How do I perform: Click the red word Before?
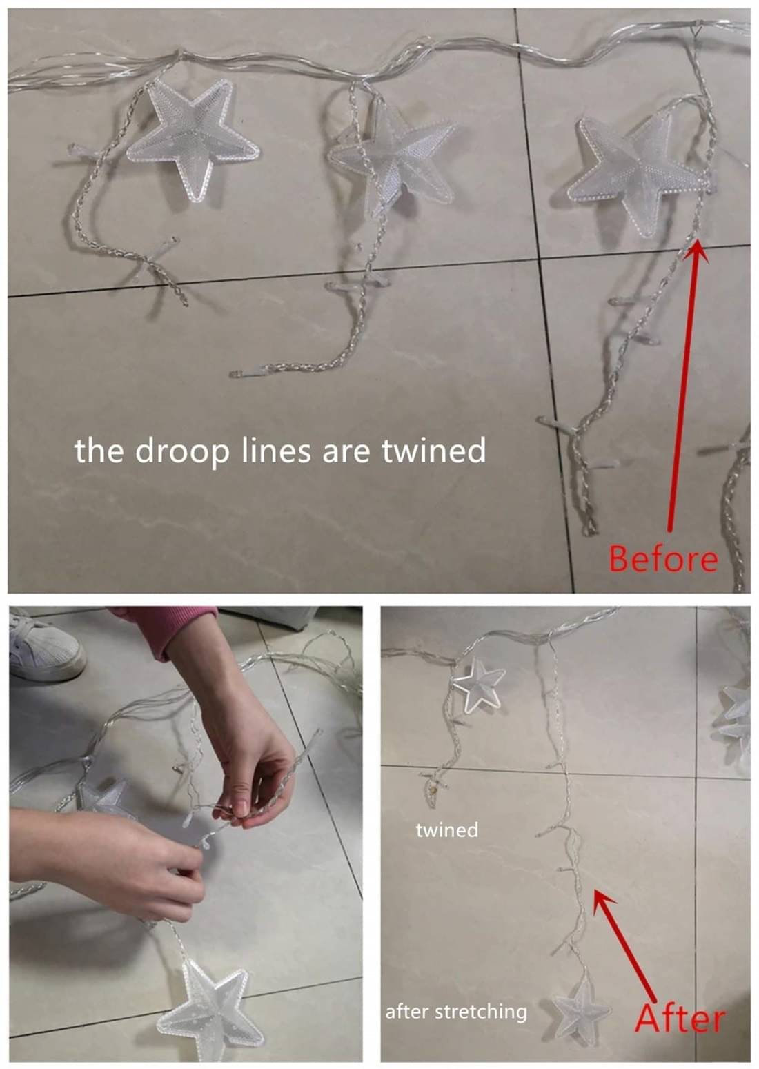pyautogui.click(x=663, y=559)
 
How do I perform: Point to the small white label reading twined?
pyautogui.click(x=446, y=830)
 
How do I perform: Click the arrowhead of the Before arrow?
pyautogui.click(x=696, y=251)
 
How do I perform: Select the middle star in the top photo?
pyautogui.click(x=391, y=153)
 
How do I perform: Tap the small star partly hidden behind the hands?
pyautogui.click(x=103, y=802)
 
